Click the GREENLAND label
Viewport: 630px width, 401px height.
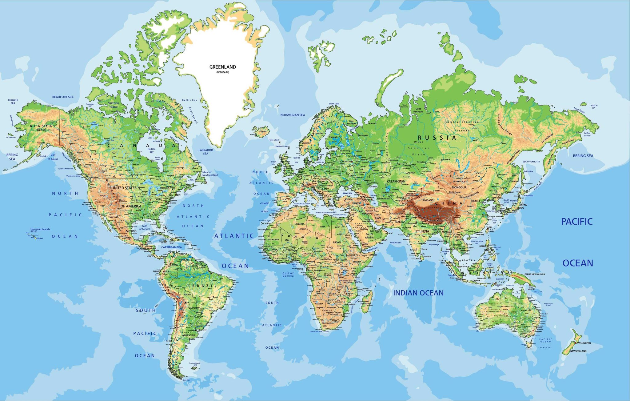[222, 67]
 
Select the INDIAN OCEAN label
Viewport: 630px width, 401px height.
[418, 293]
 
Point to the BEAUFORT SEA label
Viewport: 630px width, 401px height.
[63, 97]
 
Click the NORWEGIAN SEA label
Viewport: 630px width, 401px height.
[293, 115]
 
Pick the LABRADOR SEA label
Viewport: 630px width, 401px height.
[205, 152]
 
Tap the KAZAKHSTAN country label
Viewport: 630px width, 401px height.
[396, 182]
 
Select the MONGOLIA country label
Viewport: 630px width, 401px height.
[459, 187]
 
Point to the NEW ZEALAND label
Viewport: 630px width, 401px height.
[578, 351]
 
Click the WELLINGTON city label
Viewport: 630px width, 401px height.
[584, 343]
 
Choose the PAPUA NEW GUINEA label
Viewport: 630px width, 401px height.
[535, 274]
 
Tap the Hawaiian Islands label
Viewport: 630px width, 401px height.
[40, 230]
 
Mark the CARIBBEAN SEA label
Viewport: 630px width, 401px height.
[171, 247]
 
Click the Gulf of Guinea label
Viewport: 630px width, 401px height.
[288, 274]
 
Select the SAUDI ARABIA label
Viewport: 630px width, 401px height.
[369, 236]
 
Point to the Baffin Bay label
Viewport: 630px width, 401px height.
[189, 100]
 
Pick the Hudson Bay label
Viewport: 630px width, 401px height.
[151, 150]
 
